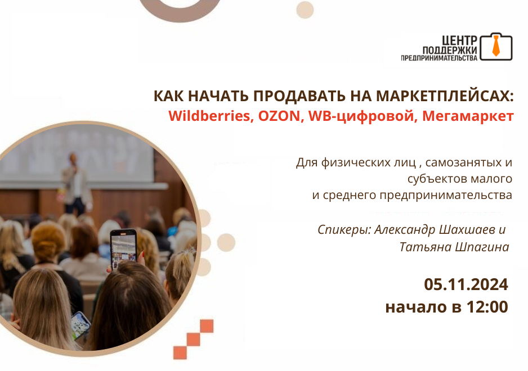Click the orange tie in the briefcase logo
pos(496,46)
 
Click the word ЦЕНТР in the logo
pos(459,40)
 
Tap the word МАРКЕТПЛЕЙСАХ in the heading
pos(445,96)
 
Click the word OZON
pos(280,116)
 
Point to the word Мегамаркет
pos(468,116)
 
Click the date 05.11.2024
pos(466,284)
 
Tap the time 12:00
pos(487,307)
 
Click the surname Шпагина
pos(482,247)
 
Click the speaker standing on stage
pos(75,184)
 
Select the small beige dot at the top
pos(305,10)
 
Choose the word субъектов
pos(437,178)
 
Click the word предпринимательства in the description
pos(445,195)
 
